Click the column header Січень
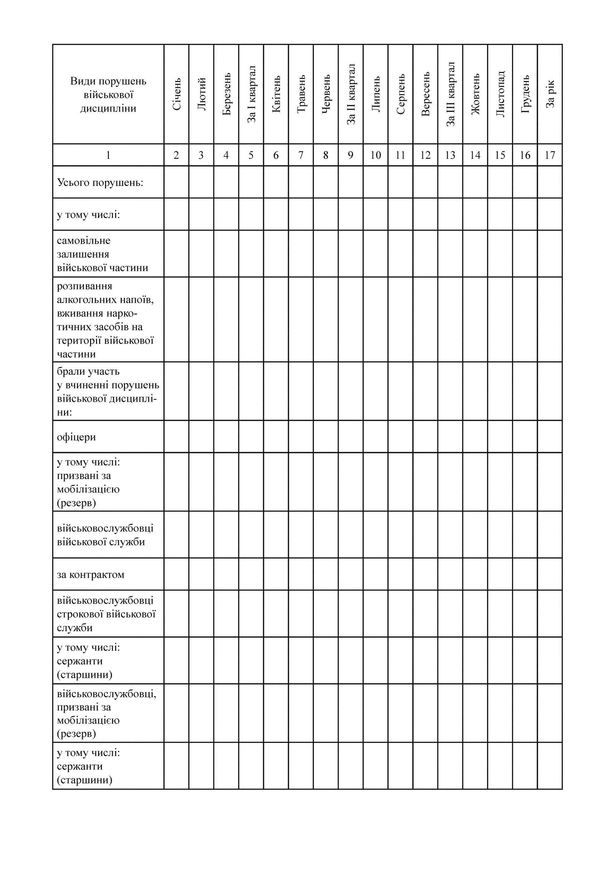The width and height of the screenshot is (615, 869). point(176,94)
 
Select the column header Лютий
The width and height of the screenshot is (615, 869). point(201,94)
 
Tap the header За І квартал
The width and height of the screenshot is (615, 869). point(251,94)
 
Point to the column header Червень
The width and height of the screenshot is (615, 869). point(326,94)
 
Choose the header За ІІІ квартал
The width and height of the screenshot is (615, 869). point(450,94)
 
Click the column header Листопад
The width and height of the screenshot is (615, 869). point(500,94)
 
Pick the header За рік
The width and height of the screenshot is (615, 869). point(550,94)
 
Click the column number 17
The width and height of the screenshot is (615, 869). point(550,155)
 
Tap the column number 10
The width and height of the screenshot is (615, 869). point(376,155)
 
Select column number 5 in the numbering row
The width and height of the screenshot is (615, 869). point(251,155)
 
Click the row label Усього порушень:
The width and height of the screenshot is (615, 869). point(100,182)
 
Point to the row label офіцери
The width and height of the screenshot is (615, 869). point(76,437)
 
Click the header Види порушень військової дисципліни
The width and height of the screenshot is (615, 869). point(108,95)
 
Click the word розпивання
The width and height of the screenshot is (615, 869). point(85,286)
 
